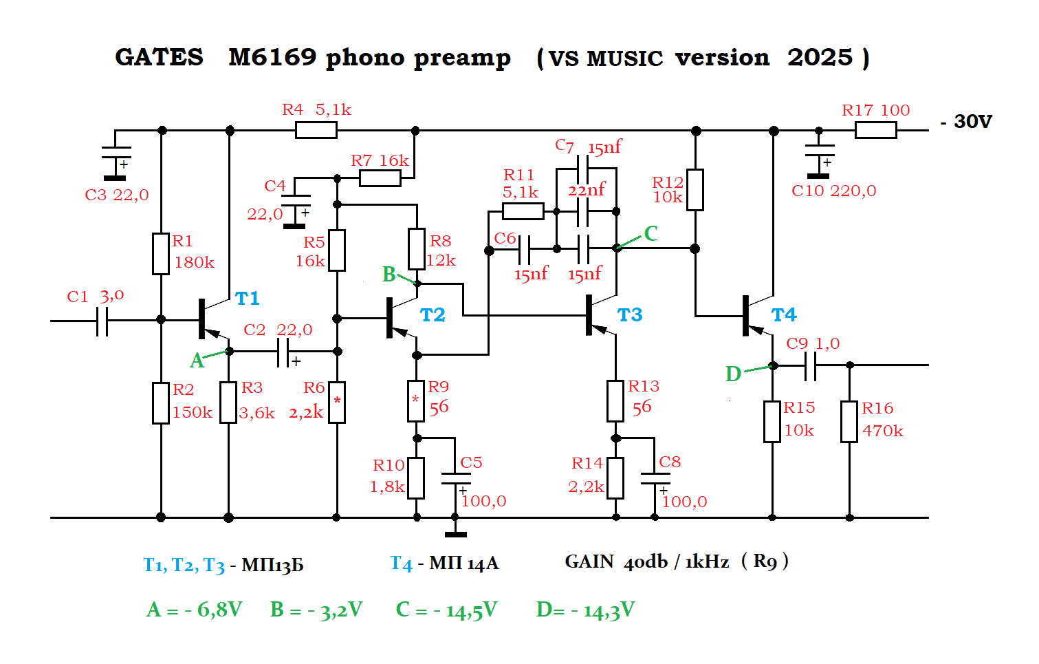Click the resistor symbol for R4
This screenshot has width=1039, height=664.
(316, 130)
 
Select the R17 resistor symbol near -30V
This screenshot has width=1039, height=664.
(876, 130)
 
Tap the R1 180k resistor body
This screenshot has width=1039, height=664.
(161, 254)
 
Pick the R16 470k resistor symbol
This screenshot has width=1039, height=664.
(849, 422)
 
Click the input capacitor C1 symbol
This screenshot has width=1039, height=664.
(102, 321)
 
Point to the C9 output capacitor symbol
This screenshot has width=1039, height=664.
(810, 365)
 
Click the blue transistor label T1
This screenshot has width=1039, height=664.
(248, 298)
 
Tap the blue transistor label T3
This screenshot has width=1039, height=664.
(630, 315)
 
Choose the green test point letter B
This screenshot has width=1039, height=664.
(389, 275)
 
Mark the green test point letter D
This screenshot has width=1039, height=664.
(733, 374)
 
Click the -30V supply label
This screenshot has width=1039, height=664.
(966, 122)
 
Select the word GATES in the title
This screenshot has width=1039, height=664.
(159, 58)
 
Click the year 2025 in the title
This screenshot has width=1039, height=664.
(820, 58)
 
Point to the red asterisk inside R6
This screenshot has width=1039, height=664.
(337, 400)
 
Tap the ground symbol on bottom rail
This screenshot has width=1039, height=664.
(455, 528)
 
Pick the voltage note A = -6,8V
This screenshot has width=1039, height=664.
(195, 610)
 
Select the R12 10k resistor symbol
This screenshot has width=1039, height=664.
(695, 190)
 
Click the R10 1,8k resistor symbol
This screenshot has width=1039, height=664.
(416, 478)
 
